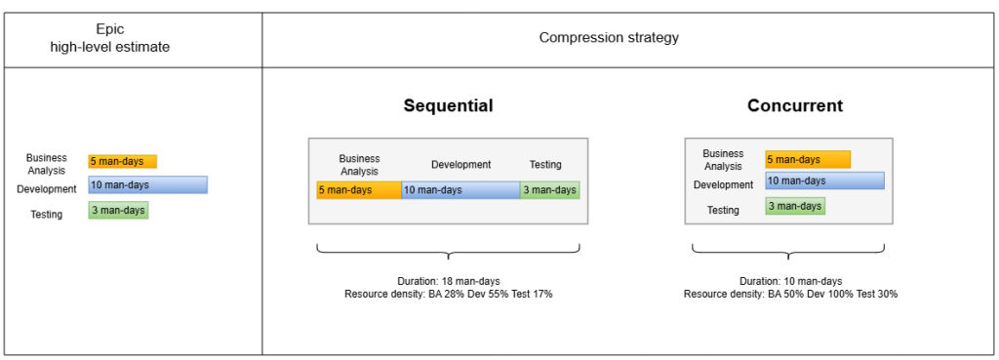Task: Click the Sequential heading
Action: [448, 105]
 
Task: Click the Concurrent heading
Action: [794, 105]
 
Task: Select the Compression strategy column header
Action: [609, 38]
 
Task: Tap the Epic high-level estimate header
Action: [110, 38]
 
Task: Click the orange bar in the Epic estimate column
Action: [122, 161]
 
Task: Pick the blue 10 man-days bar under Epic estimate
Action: [148, 184]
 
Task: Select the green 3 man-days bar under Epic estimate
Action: [118, 211]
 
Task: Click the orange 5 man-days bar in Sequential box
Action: [359, 190]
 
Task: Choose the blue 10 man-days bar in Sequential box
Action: [460, 190]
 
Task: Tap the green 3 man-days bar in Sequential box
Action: [550, 190]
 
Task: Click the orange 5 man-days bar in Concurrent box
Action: [808, 159]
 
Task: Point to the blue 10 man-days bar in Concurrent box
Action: [825, 180]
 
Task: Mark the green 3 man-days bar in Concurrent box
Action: [795, 206]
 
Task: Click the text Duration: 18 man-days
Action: [449, 281]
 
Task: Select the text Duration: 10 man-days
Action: [790, 281]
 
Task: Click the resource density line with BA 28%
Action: [449, 294]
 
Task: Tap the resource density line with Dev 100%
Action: [790, 294]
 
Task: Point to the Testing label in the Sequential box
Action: [545, 164]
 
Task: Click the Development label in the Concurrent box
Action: [723, 184]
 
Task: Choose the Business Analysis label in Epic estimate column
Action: [47, 164]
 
